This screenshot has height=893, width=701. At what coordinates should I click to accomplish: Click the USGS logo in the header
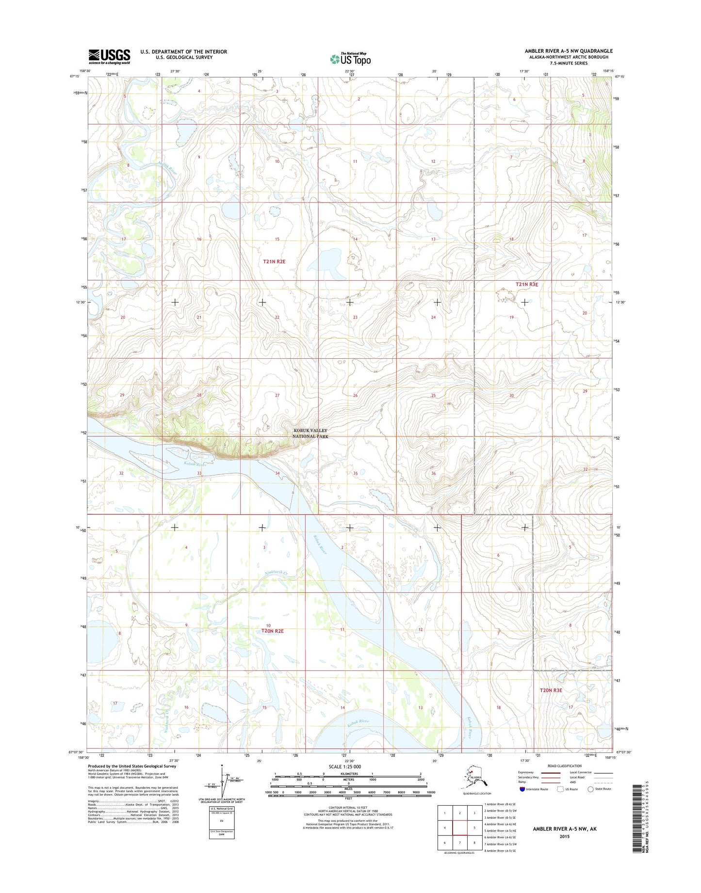tap(109, 56)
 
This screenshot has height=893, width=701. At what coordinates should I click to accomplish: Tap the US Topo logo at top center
tap(350, 59)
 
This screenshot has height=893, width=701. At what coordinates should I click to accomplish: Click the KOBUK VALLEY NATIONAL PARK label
tap(310, 433)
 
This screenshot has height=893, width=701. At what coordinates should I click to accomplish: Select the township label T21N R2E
tap(274, 261)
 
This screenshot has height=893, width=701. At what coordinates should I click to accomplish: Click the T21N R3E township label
tap(526, 285)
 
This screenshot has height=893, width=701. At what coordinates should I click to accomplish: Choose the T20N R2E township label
tap(272, 631)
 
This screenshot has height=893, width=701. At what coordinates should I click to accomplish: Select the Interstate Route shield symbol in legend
tap(522, 789)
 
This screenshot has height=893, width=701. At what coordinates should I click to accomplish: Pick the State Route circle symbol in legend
tap(590, 789)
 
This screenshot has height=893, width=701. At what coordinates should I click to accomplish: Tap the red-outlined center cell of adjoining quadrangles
tap(459, 828)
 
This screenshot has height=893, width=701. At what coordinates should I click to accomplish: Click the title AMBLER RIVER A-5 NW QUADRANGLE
tap(569, 51)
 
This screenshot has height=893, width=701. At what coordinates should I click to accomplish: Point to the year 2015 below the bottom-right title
tap(564, 836)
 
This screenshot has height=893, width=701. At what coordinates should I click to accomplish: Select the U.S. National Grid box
tap(222, 822)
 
